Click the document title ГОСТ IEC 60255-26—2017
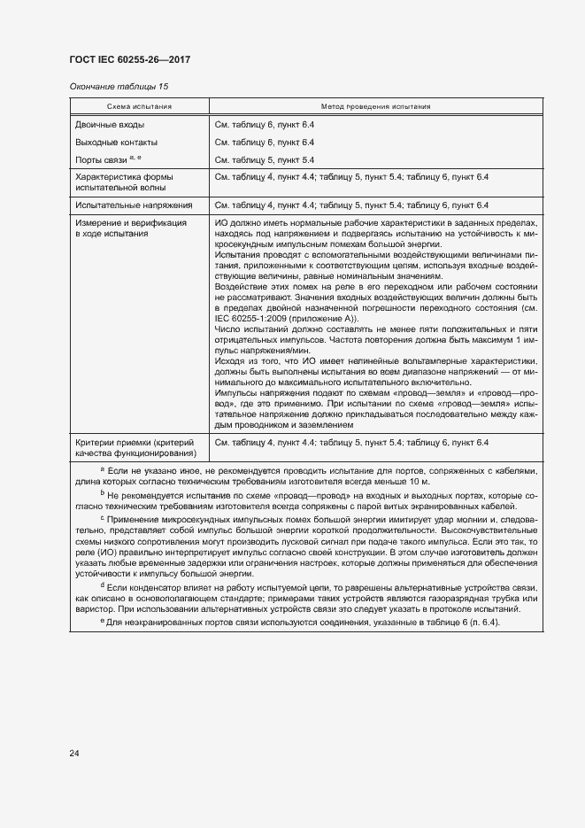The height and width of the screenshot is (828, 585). tap(129, 60)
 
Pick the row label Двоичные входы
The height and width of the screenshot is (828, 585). tap(110, 125)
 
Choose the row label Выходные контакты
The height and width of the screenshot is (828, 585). tap(117, 142)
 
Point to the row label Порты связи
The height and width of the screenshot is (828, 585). tap(102, 159)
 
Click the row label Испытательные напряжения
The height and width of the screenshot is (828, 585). tap(128, 205)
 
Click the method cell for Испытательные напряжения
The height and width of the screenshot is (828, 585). tap(351, 205)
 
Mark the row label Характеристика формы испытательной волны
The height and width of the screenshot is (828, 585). tap(129, 182)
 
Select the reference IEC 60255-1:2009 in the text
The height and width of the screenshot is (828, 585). tap(254, 319)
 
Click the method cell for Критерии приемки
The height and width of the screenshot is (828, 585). tap(351, 442)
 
